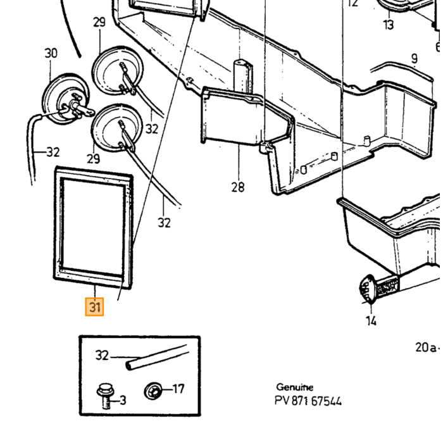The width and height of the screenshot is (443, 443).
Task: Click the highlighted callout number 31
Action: (x=95, y=307)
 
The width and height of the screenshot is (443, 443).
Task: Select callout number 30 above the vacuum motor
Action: (x=51, y=53)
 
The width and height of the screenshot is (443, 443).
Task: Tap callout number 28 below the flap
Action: (x=238, y=187)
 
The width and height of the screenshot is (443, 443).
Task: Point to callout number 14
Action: (x=371, y=321)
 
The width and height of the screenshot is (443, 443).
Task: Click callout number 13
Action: (x=389, y=25)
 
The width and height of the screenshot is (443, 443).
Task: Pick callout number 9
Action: (x=414, y=59)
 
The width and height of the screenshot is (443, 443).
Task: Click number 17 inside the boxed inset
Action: (x=178, y=389)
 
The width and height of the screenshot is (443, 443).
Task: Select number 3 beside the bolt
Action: (x=123, y=400)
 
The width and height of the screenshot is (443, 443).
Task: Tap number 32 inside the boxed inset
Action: (x=102, y=355)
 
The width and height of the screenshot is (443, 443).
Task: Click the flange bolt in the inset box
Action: (x=106, y=396)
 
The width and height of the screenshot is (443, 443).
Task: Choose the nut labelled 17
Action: (x=153, y=390)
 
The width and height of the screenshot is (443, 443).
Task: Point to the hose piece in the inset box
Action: (x=157, y=357)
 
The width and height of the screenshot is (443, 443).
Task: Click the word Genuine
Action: (x=295, y=387)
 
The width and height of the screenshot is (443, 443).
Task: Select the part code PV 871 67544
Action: (x=308, y=401)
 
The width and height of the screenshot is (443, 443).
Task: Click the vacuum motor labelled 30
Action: (x=66, y=99)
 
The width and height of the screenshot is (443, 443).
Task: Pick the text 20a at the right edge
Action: (x=426, y=347)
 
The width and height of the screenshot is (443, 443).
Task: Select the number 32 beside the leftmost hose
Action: (x=53, y=153)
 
